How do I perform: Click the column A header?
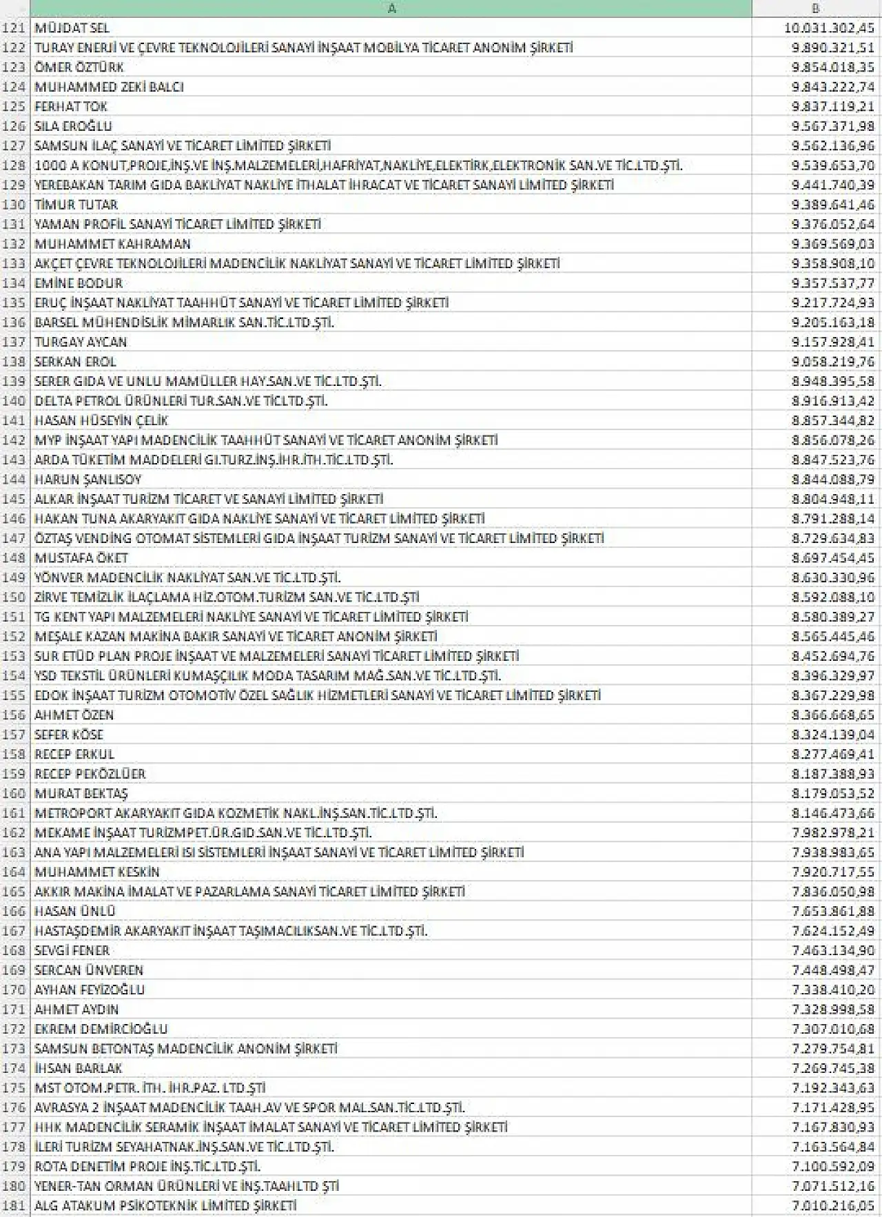click(391, 8)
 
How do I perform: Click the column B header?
click(816, 8)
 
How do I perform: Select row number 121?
click(14, 28)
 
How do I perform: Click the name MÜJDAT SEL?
click(72, 28)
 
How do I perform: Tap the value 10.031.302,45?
click(829, 28)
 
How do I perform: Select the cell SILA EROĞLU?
click(73, 126)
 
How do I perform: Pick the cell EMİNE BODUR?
click(79, 283)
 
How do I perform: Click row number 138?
click(14, 362)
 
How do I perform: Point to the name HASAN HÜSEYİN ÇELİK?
click(101, 420)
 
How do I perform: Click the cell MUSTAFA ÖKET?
click(81, 558)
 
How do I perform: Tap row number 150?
click(14, 597)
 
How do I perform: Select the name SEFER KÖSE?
click(69, 735)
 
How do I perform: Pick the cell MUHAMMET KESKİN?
click(97, 872)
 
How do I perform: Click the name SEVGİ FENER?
click(72, 951)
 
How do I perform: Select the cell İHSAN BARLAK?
click(79, 1069)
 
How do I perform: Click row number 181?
click(14, 1206)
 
